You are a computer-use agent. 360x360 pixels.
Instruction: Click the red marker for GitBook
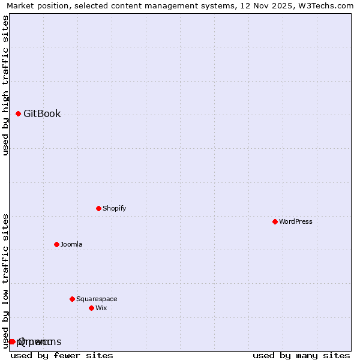click(18, 113)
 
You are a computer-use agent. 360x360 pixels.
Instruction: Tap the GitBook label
click(42, 114)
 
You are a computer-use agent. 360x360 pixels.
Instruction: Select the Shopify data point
click(98, 208)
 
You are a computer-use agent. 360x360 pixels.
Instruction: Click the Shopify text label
click(114, 208)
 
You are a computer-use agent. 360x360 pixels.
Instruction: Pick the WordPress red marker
click(275, 221)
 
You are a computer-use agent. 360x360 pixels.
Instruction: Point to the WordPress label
click(295, 221)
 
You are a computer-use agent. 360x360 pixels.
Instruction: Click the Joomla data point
click(56, 244)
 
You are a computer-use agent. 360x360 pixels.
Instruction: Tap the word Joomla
click(71, 244)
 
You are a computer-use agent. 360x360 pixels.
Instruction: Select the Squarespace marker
click(72, 299)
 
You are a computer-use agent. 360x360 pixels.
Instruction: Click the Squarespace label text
click(97, 299)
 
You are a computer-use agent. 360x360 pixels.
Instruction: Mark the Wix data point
click(91, 308)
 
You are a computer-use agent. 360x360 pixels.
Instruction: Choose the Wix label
click(101, 308)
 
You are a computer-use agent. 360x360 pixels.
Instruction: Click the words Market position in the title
click(35, 6)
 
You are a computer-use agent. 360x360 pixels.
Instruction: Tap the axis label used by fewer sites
click(62, 355)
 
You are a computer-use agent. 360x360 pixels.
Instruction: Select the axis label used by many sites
click(301, 355)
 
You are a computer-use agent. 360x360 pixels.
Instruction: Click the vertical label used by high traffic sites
click(5, 85)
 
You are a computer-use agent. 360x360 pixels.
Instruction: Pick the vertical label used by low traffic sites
click(5, 280)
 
